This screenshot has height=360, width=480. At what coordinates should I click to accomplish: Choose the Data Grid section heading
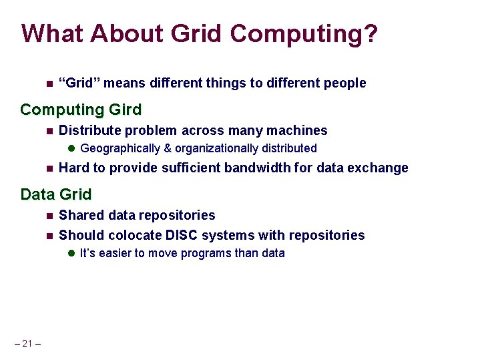(x=55, y=194)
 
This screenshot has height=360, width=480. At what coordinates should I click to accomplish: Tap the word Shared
(x=80, y=215)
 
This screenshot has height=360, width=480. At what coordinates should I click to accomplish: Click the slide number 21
(x=27, y=343)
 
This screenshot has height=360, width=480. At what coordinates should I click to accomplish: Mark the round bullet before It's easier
(x=72, y=254)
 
